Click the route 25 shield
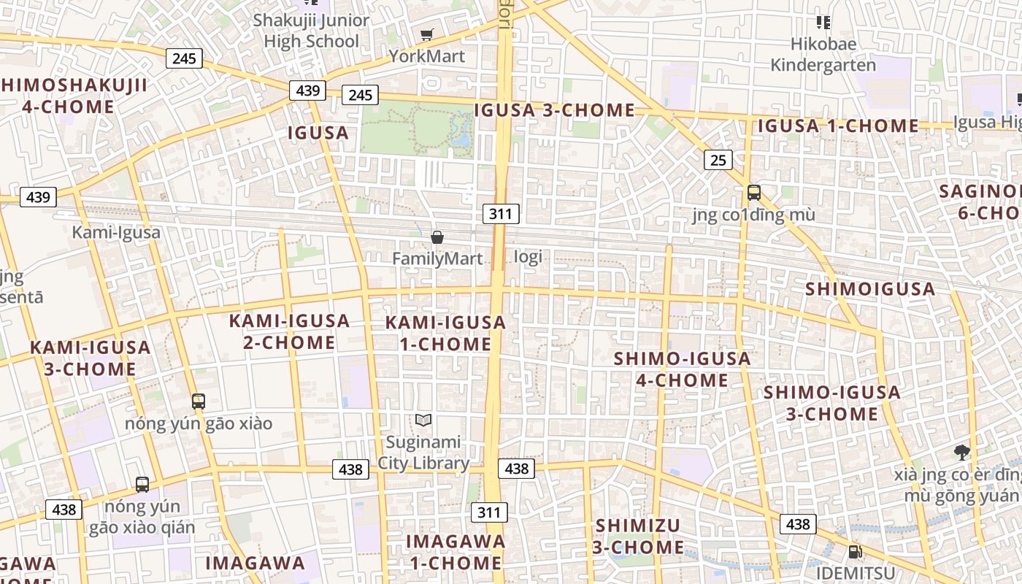[718, 160]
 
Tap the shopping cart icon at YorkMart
[427, 34]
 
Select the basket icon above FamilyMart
[437, 237]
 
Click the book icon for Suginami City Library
[423, 420]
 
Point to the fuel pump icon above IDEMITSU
[854, 552]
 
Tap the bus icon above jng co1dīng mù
[754, 193]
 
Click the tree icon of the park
[962, 453]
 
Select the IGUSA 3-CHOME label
[555, 110]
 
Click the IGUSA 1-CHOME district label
[837, 126]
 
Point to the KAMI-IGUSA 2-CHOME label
[289, 331]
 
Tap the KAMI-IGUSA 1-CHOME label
[445, 333]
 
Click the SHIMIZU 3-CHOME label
[638, 537]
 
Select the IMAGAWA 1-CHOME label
[456, 552]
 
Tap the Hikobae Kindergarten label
[823, 55]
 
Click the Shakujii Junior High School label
[311, 31]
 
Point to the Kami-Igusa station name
[116, 233]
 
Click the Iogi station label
[528, 257]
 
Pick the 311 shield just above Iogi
[501, 214]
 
